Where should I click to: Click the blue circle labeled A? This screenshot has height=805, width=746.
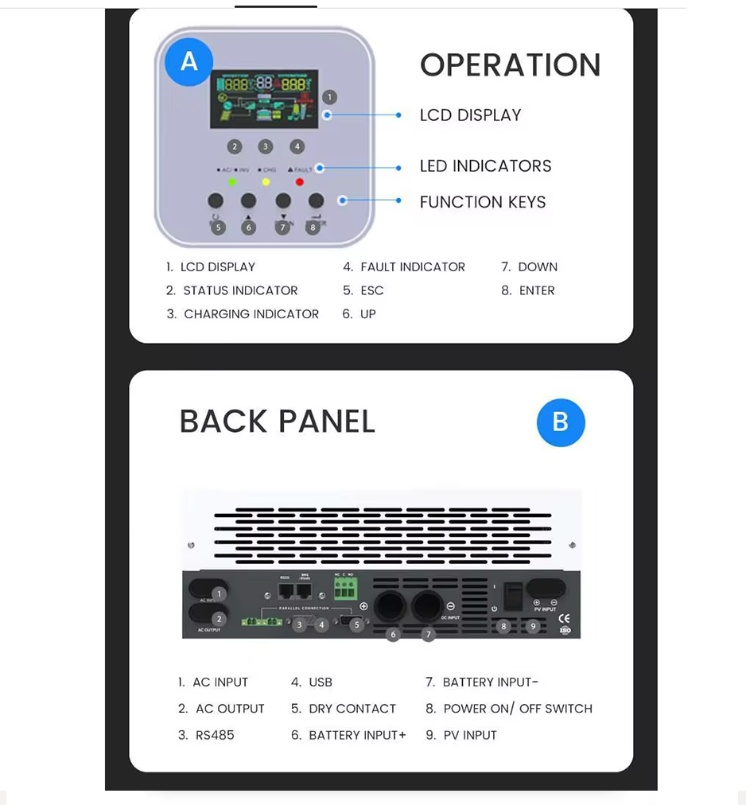[189, 60]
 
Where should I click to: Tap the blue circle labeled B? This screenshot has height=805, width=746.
[561, 422]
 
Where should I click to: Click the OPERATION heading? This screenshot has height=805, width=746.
[510, 65]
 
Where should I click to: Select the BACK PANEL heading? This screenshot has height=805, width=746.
[277, 422]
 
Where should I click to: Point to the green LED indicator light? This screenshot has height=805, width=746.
[232, 182]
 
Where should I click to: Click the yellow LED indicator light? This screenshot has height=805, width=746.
[266, 182]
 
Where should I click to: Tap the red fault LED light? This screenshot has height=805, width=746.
[300, 182]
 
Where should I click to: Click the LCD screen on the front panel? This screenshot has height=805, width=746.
[264, 99]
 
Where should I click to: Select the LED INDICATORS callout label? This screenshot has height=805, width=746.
[485, 166]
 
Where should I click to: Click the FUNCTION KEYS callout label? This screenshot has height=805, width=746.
[483, 202]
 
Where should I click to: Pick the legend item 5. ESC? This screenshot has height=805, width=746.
[363, 290]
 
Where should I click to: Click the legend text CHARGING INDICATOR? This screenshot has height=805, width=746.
[251, 314]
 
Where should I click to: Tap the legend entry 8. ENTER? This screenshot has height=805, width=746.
[528, 290]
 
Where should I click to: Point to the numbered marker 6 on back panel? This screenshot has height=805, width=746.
[393, 634]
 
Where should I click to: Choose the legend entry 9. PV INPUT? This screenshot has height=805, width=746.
[461, 735]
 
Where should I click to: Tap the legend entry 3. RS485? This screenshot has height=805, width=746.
[206, 735]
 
